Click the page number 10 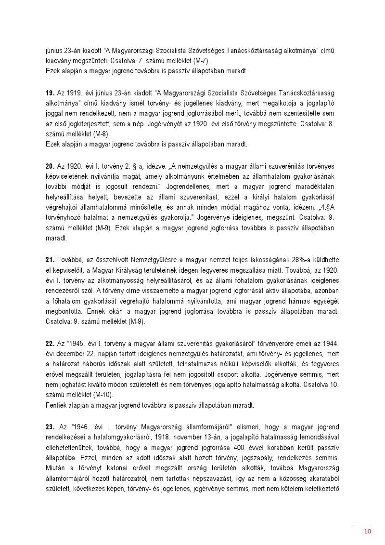coord(368,532)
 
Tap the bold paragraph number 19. coord(50,92)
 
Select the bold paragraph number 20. coord(50,166)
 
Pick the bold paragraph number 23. coord(50,427)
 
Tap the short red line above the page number coord(361,526)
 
